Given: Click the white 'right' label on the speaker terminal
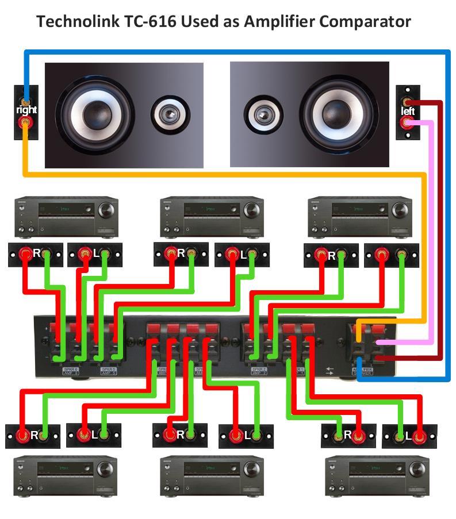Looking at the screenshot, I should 26,109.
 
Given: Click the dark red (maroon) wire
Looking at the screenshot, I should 440,230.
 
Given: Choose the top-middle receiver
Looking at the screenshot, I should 212,217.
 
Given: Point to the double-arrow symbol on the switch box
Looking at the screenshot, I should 329,370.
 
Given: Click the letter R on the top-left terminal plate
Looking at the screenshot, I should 36,253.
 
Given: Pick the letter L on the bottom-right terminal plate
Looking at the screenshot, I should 409,436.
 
